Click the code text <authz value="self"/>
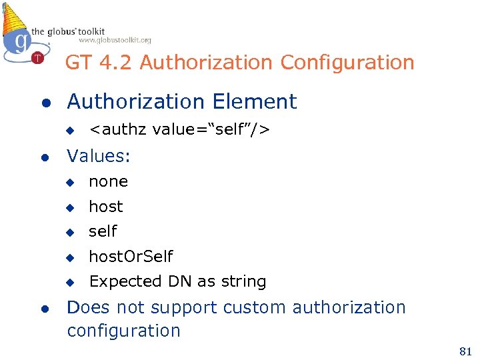pyautogui.click(x=179, y=129)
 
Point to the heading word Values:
pyautogui.click(x=99, y=156)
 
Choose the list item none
pyautogui.click(x=108, y=181)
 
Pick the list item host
pyautogui.click(x=106, y=207)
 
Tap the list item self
pyautogui.click(x=103, y=231)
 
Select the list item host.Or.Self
pyautogui.click(x=131, y=257)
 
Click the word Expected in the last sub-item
pyautogui.click(x=121, y=282)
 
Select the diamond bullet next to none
pyautogui.click(x=68, y=182)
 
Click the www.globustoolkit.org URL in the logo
pyautogui.click(x=115, y=40)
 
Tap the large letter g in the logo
pyautogui.click(x=22, y=41)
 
